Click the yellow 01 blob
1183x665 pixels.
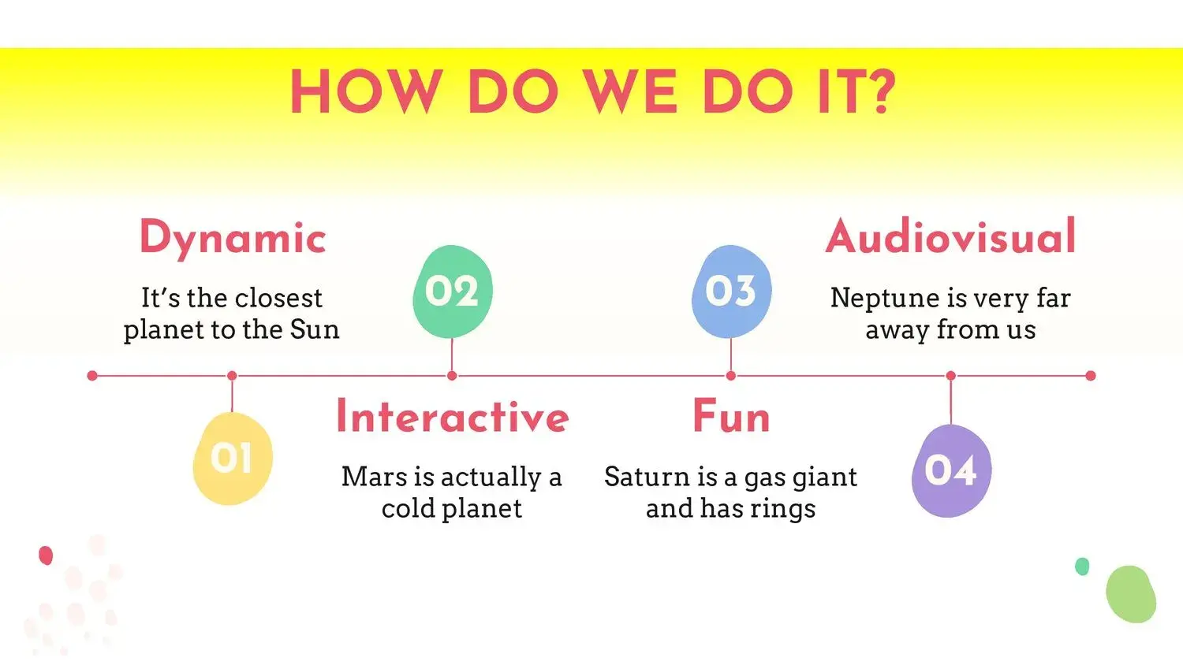[233, 458]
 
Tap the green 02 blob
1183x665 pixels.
[453, 292]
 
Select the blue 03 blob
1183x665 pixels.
[731, 292]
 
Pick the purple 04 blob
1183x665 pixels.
[951, 470]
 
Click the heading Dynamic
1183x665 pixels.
[233, 239]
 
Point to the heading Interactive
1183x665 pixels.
[453, 417]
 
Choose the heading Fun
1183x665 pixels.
[731, 417]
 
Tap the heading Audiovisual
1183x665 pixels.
[950, 236]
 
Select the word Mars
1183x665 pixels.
[374, 477]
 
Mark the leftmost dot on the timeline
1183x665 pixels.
[92, 376]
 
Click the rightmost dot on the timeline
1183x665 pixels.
[1091, 376]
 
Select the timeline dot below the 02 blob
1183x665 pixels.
[452, 376]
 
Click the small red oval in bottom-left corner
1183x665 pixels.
[46, 555]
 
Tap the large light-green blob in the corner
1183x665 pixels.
[1131, 594]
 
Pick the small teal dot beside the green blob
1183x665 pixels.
[1082, 567]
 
